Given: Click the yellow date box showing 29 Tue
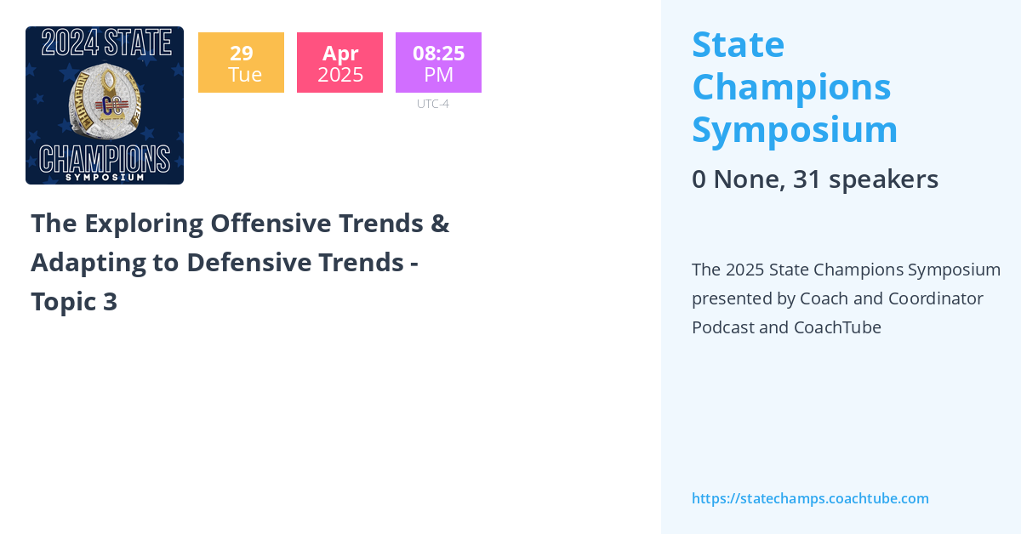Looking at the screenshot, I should click(241, 63).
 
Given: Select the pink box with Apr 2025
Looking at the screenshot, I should click(339, 63).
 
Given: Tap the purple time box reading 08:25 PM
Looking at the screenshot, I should click(438, 63).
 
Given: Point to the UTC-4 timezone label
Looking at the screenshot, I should click(432, 104).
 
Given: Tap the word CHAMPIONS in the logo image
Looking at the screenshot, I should click(105, 158).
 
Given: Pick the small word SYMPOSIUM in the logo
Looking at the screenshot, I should click(105, 177).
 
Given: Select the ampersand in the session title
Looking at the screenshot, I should click(440, 223).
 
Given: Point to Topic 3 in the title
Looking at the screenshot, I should click(74, 302).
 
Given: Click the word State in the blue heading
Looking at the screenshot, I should click(738, 44).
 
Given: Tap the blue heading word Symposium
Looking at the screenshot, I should click(795, 129).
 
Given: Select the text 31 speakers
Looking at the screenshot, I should click(865, 179).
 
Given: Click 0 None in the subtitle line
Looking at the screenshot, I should click(737, 179).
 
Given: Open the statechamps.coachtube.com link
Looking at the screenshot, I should click(810, 498).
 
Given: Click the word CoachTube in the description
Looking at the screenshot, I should click(837, 327).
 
